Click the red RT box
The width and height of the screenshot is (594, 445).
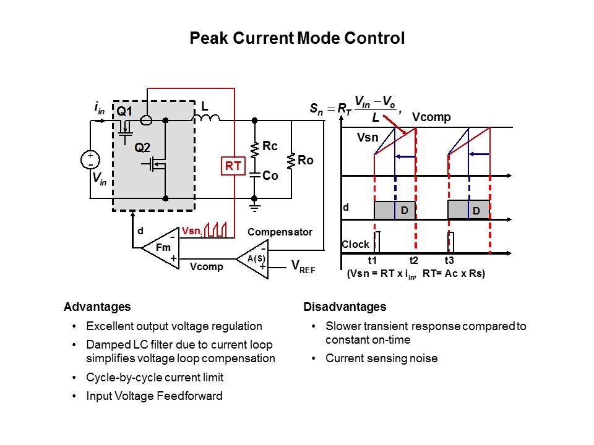[233, 166]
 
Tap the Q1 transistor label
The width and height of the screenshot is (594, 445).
[125, 112]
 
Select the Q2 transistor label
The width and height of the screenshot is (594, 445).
[142, 148]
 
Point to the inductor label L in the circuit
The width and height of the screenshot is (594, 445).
[205, 107]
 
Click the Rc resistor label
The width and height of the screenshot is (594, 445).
[270, 146]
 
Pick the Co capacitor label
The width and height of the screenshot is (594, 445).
[270, 176]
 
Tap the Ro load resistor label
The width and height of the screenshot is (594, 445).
[306, 161]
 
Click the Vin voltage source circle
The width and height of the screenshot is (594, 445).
[90, 160]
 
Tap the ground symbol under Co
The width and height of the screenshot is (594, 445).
[253, 204]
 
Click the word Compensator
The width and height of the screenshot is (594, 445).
[280, 232]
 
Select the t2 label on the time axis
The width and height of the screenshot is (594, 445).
[415, 261]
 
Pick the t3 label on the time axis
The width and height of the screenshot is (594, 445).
[450, 261]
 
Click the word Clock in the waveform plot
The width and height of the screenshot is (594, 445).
[355, 245]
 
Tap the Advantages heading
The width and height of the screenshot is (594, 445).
[97, 307]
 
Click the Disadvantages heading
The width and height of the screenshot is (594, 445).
[345, 307]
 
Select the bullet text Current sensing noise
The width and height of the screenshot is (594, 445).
[381, 358]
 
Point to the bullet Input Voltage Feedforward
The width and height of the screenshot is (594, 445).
[154, 396]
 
